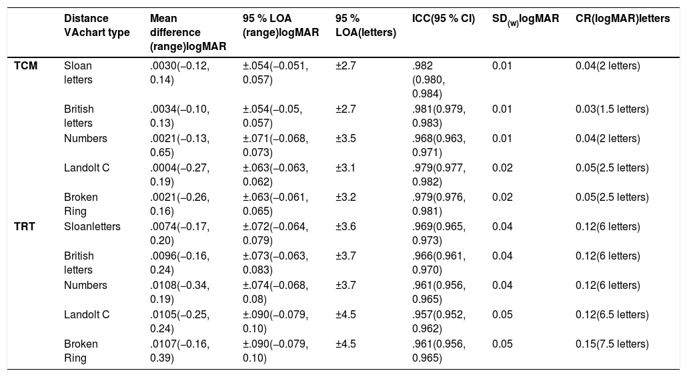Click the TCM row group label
click(26, 66)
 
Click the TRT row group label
click(25, 227)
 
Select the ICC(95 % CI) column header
click(444, 19)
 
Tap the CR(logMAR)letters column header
click(622, 19)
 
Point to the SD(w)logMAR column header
click(526, 19)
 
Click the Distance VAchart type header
click(97, 25)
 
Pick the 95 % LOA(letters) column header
click(366, 25)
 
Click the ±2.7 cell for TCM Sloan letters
click(346, 66)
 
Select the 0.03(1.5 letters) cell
click(612, 109)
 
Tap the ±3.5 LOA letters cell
click(346, 139)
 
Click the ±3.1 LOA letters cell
click(346, 168)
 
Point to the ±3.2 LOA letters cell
click(346, 198)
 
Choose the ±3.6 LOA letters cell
click(346, 227)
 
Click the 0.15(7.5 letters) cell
click(612, 344)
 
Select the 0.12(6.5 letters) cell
click(612, 315)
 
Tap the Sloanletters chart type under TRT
click(92, 227)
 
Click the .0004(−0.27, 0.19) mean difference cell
click(179, 175)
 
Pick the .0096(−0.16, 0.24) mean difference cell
click(179, 263)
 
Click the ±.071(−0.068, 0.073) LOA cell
click(275, 145)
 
